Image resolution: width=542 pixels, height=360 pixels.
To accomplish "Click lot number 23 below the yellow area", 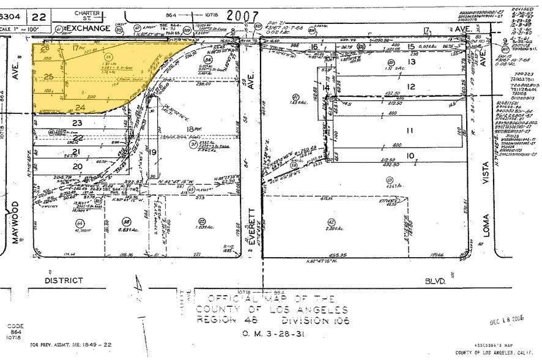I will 77,122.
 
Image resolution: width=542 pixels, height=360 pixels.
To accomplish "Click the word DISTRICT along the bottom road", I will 64,280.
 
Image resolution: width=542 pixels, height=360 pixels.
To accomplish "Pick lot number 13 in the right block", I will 412,62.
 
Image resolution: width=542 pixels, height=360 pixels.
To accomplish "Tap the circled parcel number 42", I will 332,222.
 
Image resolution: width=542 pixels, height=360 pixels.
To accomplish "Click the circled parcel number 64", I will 80,222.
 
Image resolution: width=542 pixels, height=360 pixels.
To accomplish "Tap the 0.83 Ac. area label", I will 127,230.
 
